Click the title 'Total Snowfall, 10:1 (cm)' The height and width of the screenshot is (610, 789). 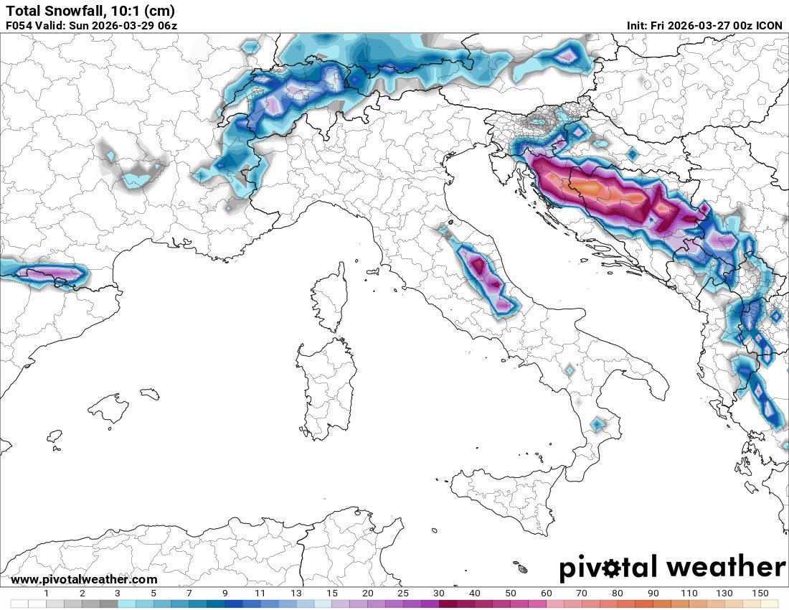(90, 11)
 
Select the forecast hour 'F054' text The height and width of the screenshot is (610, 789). (19, 26)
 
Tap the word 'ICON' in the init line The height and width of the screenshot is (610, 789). (768, 26)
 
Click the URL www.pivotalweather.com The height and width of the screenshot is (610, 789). (84, 579)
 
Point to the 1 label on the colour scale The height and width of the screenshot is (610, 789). (47, 593)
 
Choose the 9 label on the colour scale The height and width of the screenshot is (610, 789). (225, 593)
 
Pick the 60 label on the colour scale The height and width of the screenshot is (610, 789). (547, 593)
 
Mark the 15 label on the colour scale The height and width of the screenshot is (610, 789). (332, 593)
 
